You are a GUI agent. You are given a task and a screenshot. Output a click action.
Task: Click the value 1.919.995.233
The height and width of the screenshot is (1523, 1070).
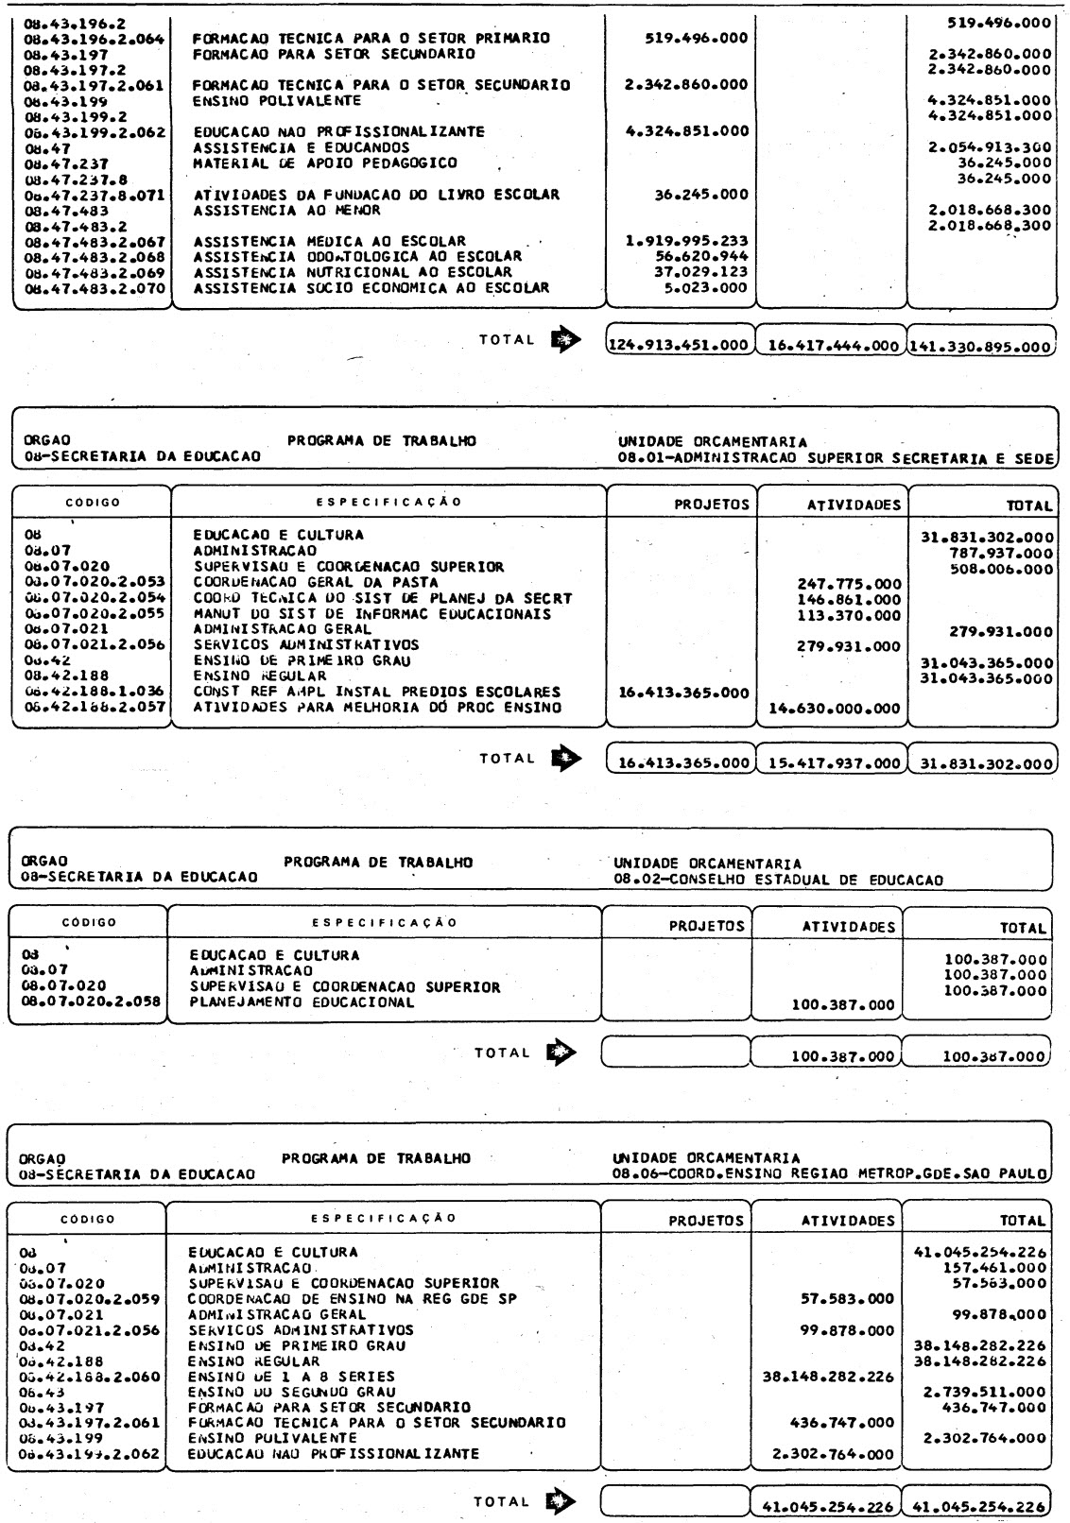click(687, 242)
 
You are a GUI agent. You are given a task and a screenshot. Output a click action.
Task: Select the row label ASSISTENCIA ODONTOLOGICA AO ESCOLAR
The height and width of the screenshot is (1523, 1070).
click(357, 257)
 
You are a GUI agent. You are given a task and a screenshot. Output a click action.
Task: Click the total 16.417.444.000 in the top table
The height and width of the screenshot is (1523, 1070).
click(831, 347)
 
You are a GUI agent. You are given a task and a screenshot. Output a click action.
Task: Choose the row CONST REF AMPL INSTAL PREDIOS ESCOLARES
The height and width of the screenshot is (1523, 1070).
click(376, 692)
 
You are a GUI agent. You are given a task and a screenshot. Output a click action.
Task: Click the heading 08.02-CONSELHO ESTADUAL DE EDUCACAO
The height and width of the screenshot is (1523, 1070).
click(778, 881)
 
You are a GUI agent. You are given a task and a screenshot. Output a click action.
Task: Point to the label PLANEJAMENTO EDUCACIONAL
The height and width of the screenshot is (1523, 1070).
click(302, 1002)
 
